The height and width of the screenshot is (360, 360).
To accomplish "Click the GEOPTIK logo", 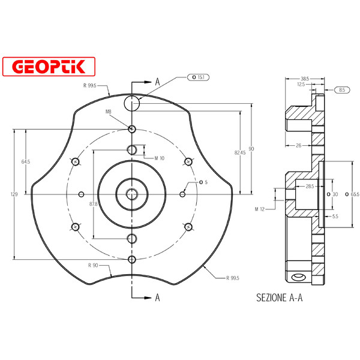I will [49, 67].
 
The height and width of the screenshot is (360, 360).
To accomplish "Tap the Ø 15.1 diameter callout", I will [199, 77].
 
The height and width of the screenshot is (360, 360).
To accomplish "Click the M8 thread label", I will [109, 112].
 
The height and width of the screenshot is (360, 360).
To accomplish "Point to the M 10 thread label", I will [159, 158].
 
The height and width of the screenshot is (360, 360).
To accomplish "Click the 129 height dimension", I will [13, 194].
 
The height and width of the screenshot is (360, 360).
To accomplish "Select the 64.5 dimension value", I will [25, 162].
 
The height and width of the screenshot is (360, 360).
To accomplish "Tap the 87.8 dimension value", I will [93, 205].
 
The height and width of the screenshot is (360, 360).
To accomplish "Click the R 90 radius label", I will [93, 265].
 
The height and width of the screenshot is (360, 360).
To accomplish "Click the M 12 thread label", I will [260, 209].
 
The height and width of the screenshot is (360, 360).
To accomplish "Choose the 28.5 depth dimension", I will [310, 187].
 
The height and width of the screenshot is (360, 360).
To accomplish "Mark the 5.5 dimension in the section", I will [335, 215].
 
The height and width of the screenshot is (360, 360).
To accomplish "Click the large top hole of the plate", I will [132, 103].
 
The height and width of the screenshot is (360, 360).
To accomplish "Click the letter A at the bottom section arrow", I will [157, 296].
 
